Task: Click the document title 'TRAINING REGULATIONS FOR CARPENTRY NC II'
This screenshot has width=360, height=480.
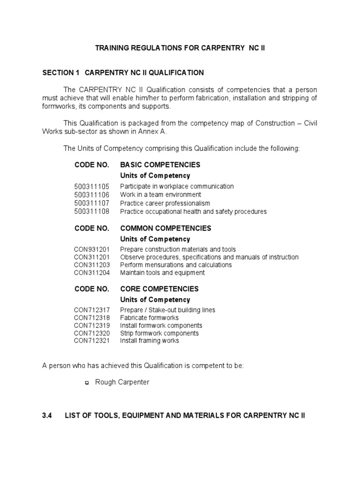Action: (x=180, y=48)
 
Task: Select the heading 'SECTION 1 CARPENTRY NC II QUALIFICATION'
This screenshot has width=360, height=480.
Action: (x=123, y=73)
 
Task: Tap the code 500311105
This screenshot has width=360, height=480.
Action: (x=91, y=186)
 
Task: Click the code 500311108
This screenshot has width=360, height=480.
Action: (x=91, y=211)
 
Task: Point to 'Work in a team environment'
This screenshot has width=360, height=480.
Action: (x=160, y=195)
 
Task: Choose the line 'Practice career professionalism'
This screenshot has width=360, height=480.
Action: (x=165, y=203)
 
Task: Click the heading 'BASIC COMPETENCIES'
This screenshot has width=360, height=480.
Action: (x=160, y=165)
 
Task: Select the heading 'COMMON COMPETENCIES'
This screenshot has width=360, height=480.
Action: (x=165, y=228)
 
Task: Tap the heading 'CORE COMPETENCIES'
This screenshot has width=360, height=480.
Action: (x=159, y=289)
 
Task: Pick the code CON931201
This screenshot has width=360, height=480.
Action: (x=91, y=249)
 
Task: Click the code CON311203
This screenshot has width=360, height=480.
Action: (x=91, y=265)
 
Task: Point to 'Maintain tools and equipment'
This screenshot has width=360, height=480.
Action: (x=162, y=272)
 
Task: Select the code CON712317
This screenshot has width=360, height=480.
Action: (x=91, y=310)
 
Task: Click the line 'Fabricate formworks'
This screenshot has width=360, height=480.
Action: (x=149, y=318)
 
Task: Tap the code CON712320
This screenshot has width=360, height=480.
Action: (x=91, y=333)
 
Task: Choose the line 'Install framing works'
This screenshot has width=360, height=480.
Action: (x=149, y=341)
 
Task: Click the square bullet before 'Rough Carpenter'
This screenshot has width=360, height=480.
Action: (x=86, y=383)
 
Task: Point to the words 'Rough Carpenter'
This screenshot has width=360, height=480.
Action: (x=122, y=382)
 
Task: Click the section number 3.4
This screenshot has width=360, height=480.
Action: (x=47, y=416)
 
